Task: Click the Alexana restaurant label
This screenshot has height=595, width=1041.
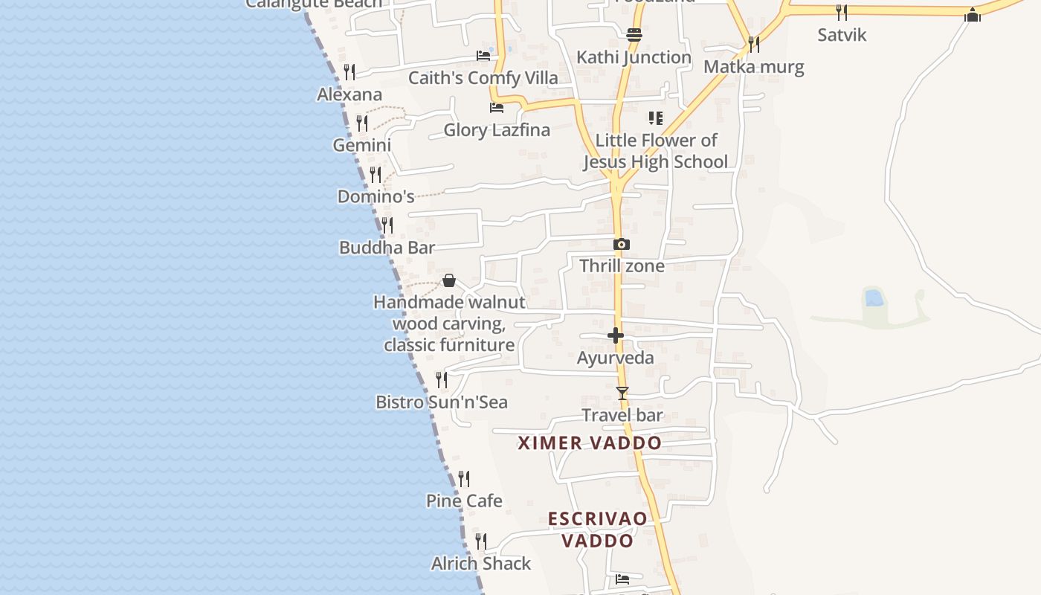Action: (x=349, y=94)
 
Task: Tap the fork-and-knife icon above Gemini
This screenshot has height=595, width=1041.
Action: (x=362, y=123)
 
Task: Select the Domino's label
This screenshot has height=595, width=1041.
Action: (x=376, y=196)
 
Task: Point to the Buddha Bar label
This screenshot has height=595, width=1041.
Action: (x=387, y=248)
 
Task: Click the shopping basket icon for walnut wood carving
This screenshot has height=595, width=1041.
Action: (x=449, y=280)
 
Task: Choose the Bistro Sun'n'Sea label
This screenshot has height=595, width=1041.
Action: (x=442, y=402)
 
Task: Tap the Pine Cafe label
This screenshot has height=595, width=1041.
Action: (x=464, y=501)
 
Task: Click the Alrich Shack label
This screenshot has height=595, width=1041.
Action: (x=481, y=564)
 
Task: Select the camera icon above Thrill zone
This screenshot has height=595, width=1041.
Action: (x=622, y=244)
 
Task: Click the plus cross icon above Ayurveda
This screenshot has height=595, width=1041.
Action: (x=616, y=335)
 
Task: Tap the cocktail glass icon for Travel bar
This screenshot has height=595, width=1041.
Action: (x=622, y=393)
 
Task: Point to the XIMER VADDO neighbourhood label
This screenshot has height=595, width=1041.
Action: (x=590, y=443)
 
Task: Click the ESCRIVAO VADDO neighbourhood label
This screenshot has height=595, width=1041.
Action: (x=598, y=530)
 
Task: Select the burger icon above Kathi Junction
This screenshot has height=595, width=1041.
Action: (x=634, y=34)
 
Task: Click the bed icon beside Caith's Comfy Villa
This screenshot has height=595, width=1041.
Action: (x=483, y=56)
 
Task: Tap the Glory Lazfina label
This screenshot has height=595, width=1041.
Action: (x=497, y=130)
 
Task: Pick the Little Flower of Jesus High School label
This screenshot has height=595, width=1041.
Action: (x=656, y=151)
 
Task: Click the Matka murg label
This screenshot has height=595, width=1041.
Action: (x=754, y=67)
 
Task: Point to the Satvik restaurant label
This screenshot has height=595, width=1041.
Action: (x=842, y=35)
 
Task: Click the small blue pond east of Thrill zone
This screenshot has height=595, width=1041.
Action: (x=874, y=298)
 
